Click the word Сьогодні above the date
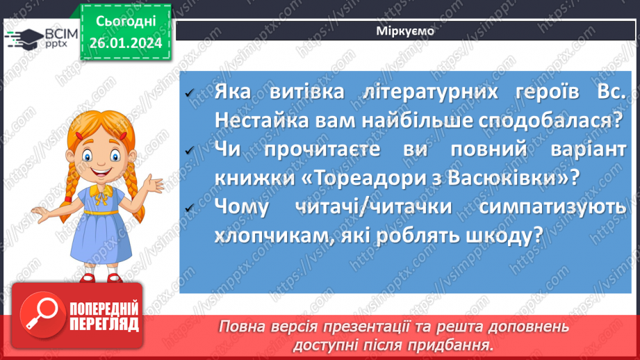click(x=125, y=22)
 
